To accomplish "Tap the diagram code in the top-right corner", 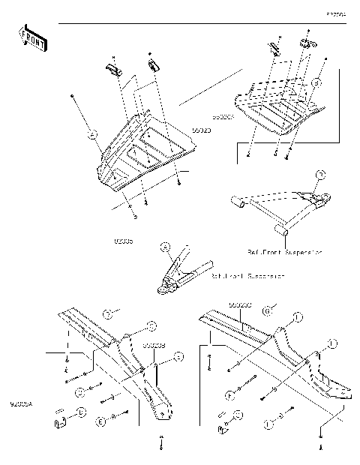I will click(334, 14).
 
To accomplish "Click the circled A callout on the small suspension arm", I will click(166, 245).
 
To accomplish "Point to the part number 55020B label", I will click(153, 345).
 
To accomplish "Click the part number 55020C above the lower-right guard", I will click(239, 305).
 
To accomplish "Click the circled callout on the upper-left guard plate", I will click(91, 136).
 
